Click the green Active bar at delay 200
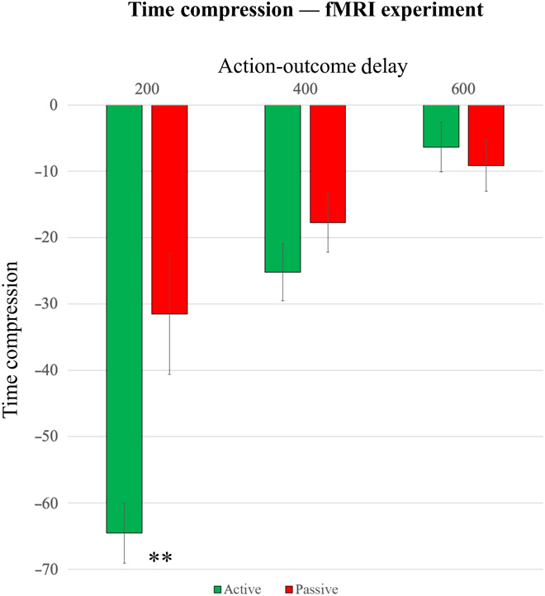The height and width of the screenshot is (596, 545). [x=124, y=318]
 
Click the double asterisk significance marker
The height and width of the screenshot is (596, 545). [x=160, y=558]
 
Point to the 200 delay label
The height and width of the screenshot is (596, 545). [x=146, y=88]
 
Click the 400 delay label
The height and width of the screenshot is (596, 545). [x=305, y=88]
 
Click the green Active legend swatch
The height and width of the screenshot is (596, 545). [x=218, y=589]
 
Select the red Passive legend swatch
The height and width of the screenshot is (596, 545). [x=289, y=589]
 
